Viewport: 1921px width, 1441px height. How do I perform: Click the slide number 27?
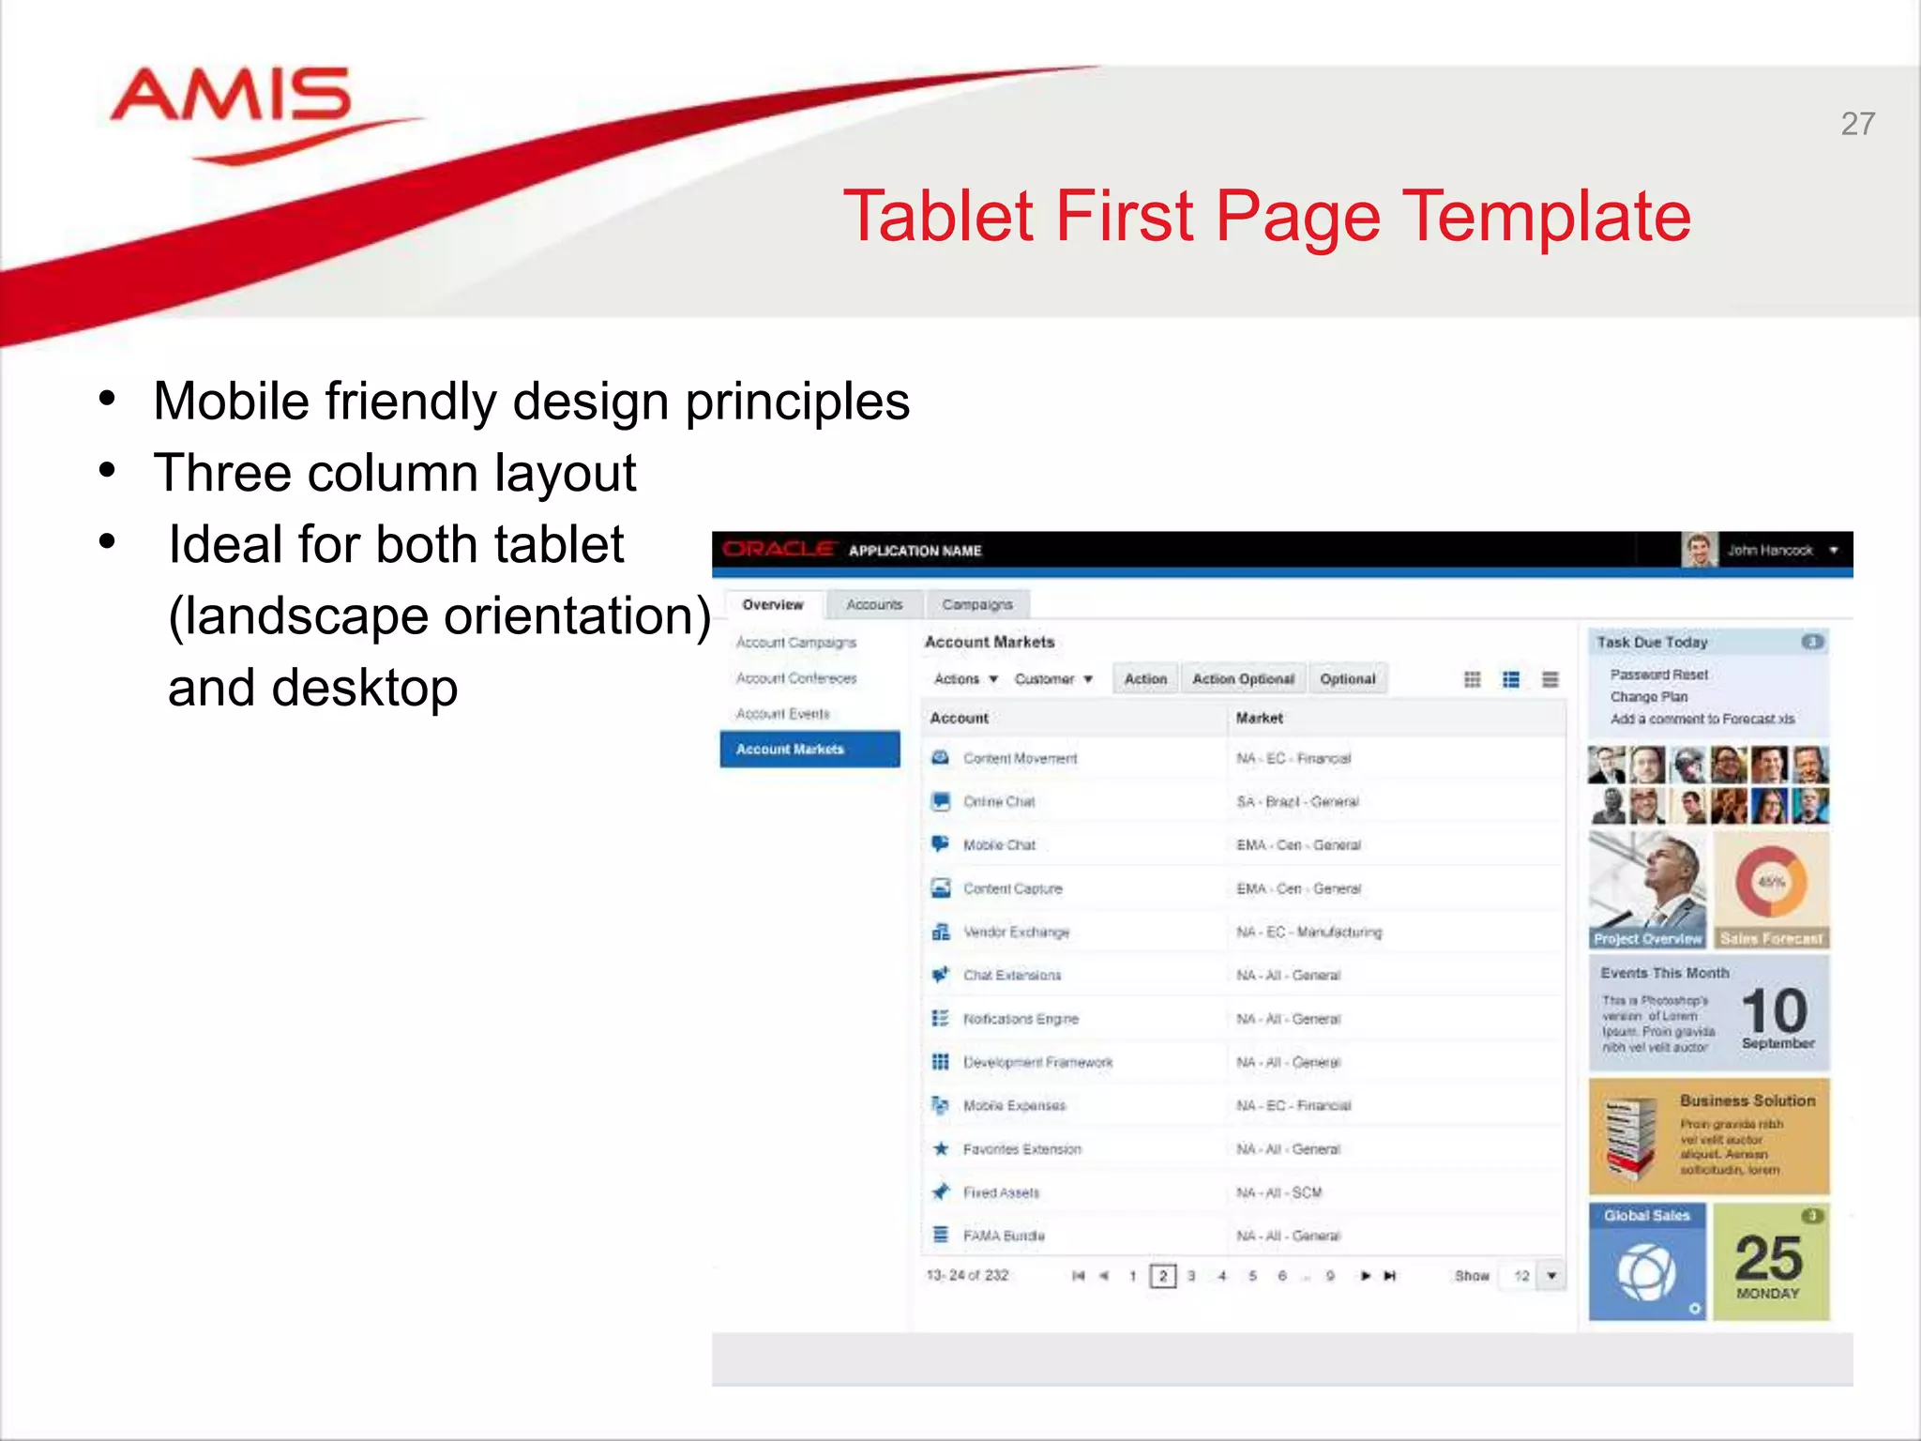(1857, 124)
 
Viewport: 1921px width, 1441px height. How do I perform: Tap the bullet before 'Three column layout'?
(108, 470)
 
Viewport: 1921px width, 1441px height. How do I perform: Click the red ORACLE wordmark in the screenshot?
(779, 550)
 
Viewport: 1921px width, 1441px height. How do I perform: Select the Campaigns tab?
(976, 604)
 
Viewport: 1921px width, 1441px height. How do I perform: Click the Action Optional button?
(1243, 678)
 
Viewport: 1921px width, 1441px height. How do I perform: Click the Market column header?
(1259, 718)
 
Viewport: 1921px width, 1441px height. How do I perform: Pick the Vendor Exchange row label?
(1016, 932)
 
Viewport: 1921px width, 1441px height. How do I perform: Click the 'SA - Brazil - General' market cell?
(1297, 801)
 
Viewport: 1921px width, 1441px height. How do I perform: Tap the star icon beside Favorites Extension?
(941, 1148)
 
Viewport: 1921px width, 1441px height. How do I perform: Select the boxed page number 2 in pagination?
(1162, 1276)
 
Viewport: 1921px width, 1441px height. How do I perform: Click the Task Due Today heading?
(1652, 642)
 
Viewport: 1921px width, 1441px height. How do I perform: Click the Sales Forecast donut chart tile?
(1771, 887)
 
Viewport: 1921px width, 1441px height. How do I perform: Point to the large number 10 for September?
(1774, 1010)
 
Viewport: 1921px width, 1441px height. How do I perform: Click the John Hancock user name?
(1770, 551)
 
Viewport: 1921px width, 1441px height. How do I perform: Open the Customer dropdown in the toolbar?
(1052, 678)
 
